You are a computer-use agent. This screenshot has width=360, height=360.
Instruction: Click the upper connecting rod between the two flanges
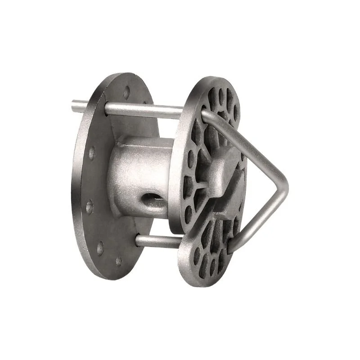[144, 109]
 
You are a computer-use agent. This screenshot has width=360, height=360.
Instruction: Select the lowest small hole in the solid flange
[119, 261]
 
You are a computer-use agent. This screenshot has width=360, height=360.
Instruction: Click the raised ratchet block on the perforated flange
[225, 173]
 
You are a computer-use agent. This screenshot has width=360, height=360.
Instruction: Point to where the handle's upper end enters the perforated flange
[206, 114]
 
